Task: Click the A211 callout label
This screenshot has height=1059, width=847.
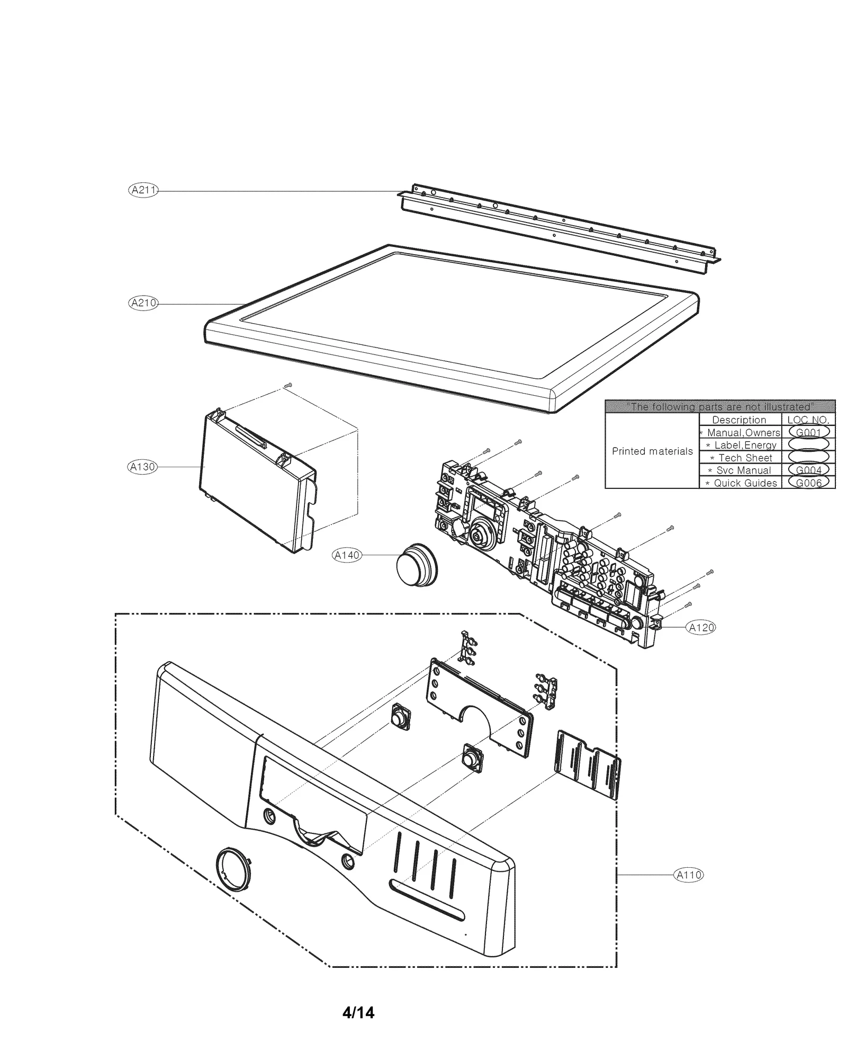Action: point(143,190)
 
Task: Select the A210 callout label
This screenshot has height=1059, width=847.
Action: point(143,303)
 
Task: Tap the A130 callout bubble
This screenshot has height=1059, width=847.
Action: point(143,467)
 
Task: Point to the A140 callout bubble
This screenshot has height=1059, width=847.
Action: point(347,555)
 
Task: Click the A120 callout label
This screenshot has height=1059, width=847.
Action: point(701,628)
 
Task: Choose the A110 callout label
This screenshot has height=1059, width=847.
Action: point(688,875)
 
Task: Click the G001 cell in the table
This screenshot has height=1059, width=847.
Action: point(808,432)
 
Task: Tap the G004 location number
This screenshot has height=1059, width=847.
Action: point(808,470)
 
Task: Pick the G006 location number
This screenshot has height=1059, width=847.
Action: point(808,483)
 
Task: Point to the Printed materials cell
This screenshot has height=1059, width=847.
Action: point(652,451)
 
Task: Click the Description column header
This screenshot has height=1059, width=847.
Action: point(739,420)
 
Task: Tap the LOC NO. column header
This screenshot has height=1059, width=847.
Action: point(808,420)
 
